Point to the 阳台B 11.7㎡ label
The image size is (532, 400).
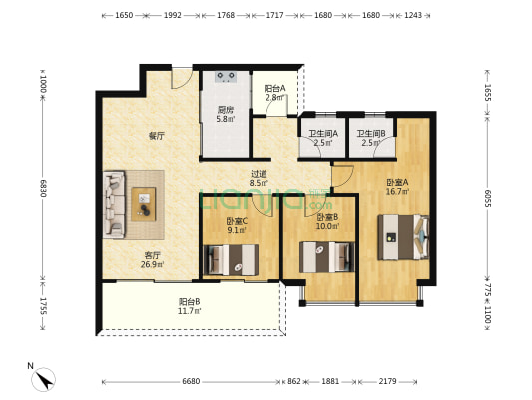tap(190, 306)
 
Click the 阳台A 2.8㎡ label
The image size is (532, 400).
tap(274, 93)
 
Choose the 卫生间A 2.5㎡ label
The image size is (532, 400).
tap(322, 139)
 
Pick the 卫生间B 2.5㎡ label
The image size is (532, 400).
tap(371, 139)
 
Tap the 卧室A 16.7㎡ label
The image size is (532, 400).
tap(397, 187)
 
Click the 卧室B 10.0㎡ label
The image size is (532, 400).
tap(327, 221)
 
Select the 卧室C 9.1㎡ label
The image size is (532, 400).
tap(237, 226)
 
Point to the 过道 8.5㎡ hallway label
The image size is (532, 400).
tap(258, 178)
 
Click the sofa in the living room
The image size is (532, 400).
tap(113, 204)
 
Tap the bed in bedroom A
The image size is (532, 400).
tap(404, 239)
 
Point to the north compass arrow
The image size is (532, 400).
tap(43, 378)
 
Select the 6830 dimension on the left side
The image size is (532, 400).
tap(44, 187)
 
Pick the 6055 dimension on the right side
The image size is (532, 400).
tap(487, 199)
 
